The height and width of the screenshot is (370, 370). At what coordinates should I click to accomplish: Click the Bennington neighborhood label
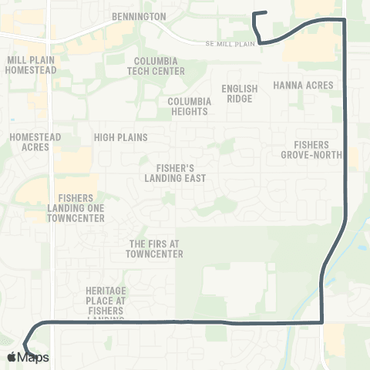pos(139,15)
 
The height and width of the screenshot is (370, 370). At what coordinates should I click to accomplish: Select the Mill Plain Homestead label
pos(31,65)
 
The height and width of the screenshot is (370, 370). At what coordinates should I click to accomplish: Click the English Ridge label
pos(239,93)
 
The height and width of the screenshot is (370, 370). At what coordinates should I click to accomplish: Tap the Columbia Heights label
pos(188,106)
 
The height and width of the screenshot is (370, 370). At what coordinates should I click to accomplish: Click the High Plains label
pos(120,137)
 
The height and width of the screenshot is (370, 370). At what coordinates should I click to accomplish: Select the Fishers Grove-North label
pos(311,150)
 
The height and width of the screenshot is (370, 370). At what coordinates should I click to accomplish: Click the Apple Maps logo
pos(28,357)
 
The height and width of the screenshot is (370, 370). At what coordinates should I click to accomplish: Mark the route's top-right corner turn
pos(343,19)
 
